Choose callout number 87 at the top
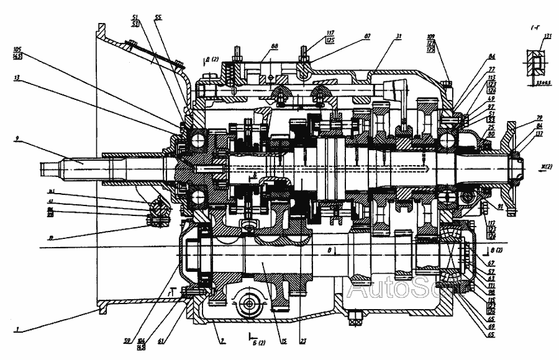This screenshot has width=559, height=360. (368, 37)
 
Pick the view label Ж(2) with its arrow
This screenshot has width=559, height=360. (530, 166)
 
